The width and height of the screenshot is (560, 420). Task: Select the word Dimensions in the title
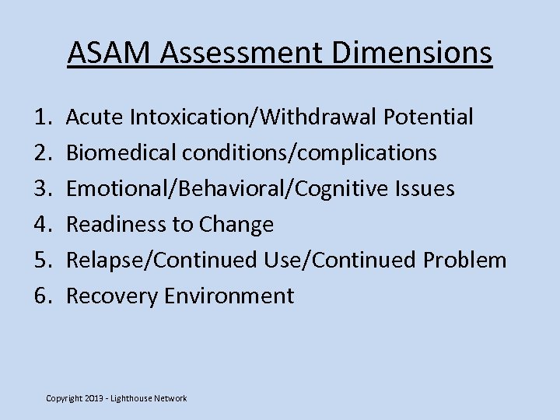tap(415, 53)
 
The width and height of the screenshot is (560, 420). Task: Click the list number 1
tap(41, 117)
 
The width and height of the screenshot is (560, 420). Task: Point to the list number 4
tap(41, 225)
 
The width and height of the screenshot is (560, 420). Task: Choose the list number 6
tap(41, 296)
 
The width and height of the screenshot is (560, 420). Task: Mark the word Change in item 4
tap(236, 226)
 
